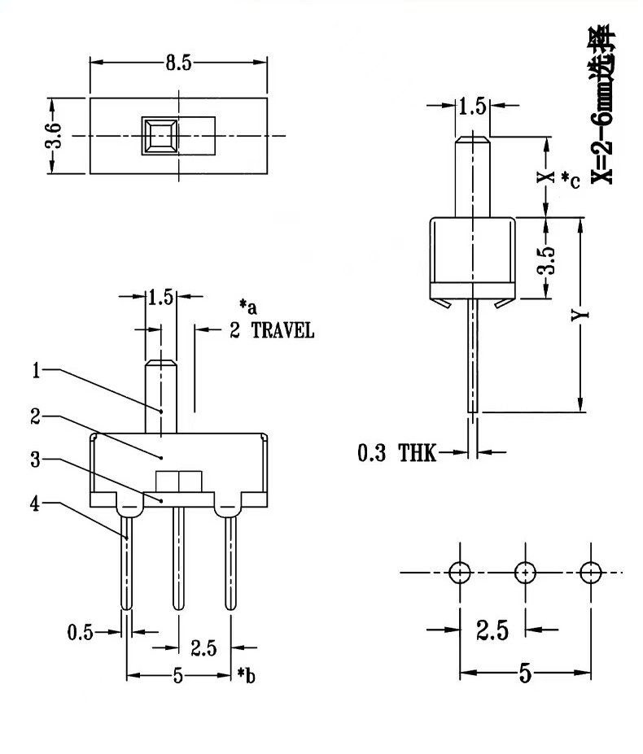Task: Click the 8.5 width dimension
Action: (178, 63)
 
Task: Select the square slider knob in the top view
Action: (160, 136)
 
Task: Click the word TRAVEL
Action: (282, 331)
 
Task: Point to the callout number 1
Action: (36, 370)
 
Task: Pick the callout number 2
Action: (36, 416)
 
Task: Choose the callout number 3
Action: (36, 460)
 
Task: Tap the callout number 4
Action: (35, 503)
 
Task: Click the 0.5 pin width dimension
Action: (81, 632)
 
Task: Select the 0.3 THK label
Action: (396, 453)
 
